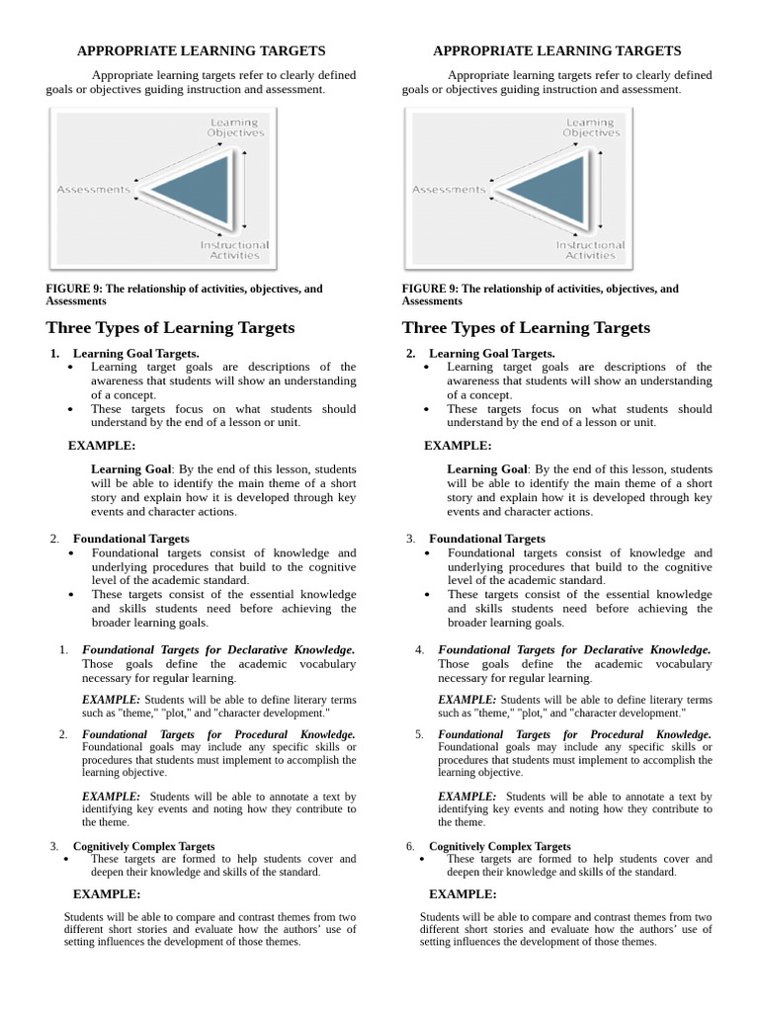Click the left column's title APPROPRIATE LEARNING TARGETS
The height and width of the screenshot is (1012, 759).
pyautogui.click(x=201, y=50)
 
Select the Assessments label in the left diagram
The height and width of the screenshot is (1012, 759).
pyautogui.click(x=94, y=189)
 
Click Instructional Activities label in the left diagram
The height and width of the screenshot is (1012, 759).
pyautogui.click(x=234, y=249)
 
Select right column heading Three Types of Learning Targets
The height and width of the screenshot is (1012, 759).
pyautogui.click(x=526, y=327)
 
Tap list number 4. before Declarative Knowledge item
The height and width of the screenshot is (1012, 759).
pyautogui.click(x=420, y=650)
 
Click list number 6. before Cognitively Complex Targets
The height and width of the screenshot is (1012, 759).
pyautogui.click(x=410, y=847)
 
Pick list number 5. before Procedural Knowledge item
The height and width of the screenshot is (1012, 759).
pyautogui.click(x=420, y=735)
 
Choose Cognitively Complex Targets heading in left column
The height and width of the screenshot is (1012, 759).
pyautogui.click(x=143, y=847)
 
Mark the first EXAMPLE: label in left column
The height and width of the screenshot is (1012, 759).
pyautogui.click(x=102, y=446)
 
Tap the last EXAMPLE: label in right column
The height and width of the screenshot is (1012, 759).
pyautogui.click(x=462, y=894)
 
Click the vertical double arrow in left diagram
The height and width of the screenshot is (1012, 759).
pyautogui.click(x=243, y=189)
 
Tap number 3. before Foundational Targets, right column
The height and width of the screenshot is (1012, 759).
pyautogui.click(x=410, y=539)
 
